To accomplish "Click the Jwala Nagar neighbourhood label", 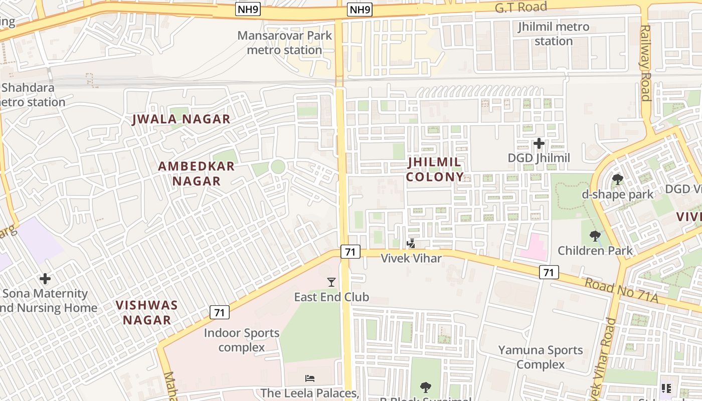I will tap(181, 119).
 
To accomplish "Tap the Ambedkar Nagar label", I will tap(197, 173).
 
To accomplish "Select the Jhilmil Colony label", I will tap(435, 169).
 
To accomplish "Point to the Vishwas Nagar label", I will tap(147, 312).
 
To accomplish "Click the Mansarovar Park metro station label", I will tap(284, 43).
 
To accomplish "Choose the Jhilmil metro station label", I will tap(554, 34).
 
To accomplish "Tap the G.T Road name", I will tap(520, 7).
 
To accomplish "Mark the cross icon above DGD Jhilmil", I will tap(539, 144).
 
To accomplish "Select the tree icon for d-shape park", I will tap(617, 179).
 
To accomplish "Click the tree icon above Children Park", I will tap(595, 235).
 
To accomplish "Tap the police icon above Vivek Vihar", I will tap(411, 244).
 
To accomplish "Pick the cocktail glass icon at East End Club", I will tap(331, 282).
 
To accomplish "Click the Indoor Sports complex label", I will tap(242, 340).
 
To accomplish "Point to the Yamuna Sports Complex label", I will tap(541, 357).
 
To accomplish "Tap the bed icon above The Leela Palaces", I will tap(310, 378).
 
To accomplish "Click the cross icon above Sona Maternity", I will tap(45, 278).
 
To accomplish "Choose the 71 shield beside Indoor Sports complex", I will tap(220, 312).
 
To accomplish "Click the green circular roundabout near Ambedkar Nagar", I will tap(277, 166).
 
